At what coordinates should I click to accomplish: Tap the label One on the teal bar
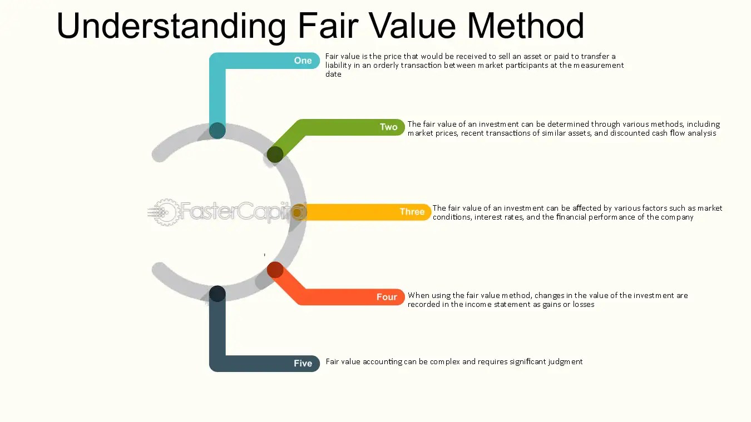coord(303,61)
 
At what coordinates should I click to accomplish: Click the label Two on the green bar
coord(388,127)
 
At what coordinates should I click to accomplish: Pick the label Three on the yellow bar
coord(412,212)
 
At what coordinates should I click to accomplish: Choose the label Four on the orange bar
coord(387,297)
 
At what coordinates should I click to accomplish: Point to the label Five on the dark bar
coord(303,364)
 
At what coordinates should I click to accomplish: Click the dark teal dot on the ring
coord(217,131)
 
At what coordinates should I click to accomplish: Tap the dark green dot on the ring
coord(275,155)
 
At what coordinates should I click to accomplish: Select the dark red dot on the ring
coord(275,270)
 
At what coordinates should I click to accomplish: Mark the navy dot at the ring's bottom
coord(217,294)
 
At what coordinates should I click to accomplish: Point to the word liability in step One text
coord(339,66)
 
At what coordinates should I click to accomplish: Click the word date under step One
coord(333,75)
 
